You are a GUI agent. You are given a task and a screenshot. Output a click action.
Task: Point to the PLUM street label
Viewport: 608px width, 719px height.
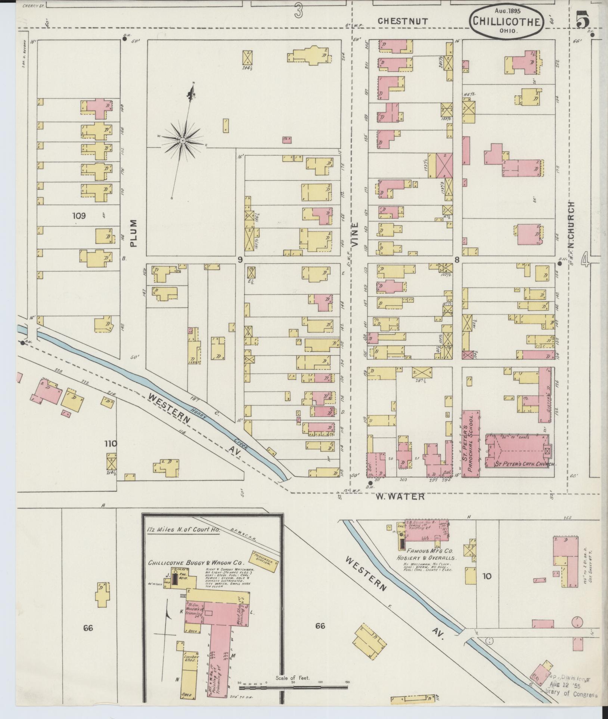click(134, 233)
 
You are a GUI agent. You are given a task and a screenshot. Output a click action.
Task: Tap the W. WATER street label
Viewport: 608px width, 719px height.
click(400, 497)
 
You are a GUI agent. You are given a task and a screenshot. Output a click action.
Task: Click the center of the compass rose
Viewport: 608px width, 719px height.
click(183, 140)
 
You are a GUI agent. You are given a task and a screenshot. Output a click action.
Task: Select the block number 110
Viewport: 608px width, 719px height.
click(111, 444)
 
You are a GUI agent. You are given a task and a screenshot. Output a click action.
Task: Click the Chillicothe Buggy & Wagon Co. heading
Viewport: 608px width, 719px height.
click(196, 563)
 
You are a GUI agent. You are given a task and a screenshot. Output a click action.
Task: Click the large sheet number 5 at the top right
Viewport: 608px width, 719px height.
click(583, 19)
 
